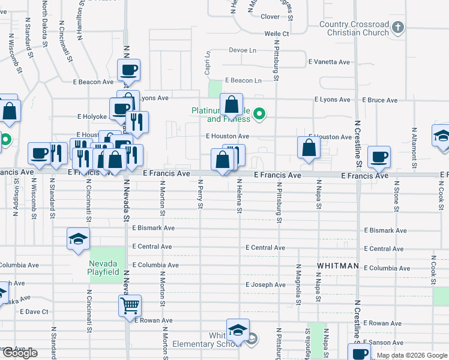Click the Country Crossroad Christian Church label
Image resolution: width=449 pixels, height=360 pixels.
pos(354,28)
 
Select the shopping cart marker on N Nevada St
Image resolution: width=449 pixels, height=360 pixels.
pos(130,306)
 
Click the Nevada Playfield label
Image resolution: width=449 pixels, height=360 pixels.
pos(107,268)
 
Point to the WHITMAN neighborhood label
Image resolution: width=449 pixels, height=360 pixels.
pos(338,266)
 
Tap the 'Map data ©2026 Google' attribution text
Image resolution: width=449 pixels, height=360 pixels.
pos(411,355)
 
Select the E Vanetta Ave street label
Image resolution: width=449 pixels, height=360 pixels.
pos(329,62)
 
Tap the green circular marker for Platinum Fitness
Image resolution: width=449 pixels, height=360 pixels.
pos(259,113)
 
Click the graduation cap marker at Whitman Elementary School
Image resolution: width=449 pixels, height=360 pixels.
pos(238,331)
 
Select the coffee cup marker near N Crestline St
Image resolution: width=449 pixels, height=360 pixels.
pos(379,158)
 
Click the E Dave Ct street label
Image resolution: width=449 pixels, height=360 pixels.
pos(34,311)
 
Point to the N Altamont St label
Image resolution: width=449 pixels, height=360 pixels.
pos(414,146)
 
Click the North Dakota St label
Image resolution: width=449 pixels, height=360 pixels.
pos(45,23)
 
